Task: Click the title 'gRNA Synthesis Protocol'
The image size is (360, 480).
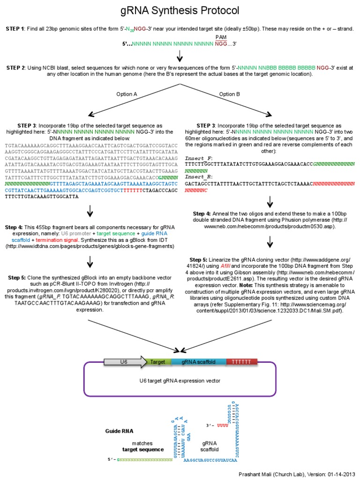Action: click(x=180, y=10)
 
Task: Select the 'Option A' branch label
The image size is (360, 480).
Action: click(x=127, y=94)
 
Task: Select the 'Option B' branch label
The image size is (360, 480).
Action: click(x=230, y=94)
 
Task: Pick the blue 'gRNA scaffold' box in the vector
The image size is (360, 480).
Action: click(x=199, y=362)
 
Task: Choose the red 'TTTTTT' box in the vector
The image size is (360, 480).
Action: click(x=241, y=362)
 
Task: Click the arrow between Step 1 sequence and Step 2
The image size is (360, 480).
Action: click(x=180, y=56)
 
